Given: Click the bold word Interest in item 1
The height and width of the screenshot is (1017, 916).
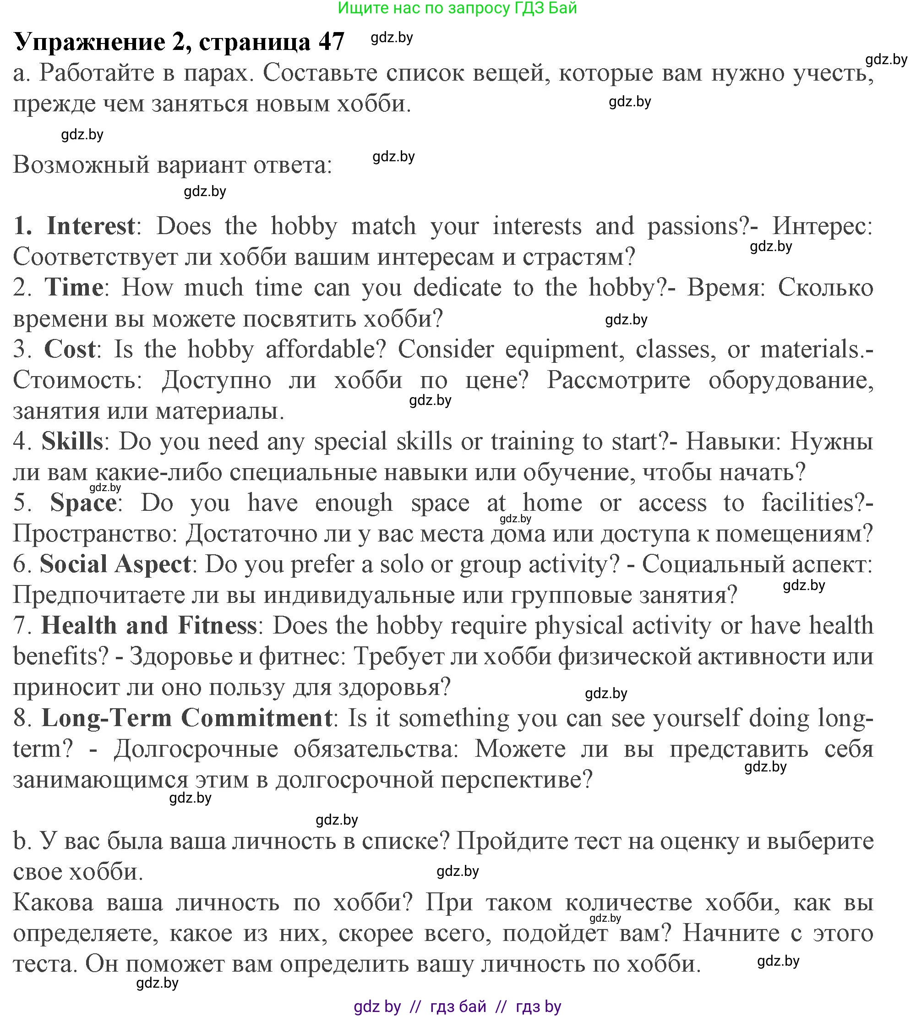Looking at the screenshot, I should pyautogui.click(x=91, y=226).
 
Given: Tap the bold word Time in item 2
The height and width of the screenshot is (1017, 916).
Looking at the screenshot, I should pyautogui.click(x=74, y=288).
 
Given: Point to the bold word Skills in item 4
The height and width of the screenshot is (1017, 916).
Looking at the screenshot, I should pyautogui.click(x=72, y=442).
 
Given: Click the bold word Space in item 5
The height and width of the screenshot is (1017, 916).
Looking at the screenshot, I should pyautogui.click(x=83, y=503).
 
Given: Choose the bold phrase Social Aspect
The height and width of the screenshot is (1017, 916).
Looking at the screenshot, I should pyautogui.click(x=115, y=564).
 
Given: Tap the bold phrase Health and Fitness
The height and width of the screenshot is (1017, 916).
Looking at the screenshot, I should pyautogui.click(x=149, y=626).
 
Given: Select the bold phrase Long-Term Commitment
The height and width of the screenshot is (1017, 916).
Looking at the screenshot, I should pyautogui.click(x=186, y=718).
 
